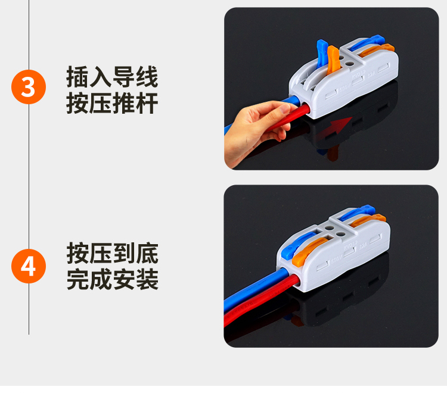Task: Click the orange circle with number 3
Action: pyautogui.click(x=29, y=87)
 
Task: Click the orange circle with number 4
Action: pyautogui.click(x=29, y=266)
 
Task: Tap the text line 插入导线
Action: pyautogui.click(x=112, y=77)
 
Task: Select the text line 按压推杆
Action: pyautogui.click(x=112, y=103)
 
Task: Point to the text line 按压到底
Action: pyautogui.click(x=112, y=254)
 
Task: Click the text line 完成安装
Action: pyautogui.click(x=112, y=279)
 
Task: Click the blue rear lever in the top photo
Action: pyautogui.click(x=367, y=42)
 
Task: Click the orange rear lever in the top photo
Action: pyautogui.click(x=377, y=49)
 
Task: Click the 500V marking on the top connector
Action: pyautogui.click(x=344, y=89)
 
